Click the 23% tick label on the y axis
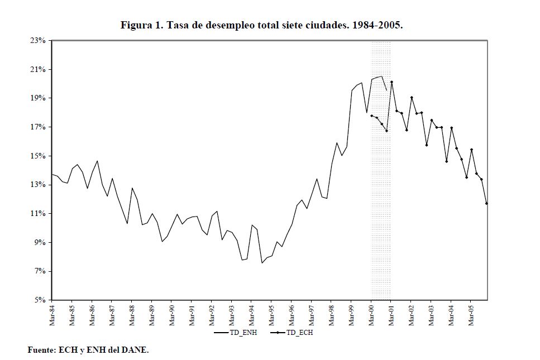coord(38,41)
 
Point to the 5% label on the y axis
coord(40,300)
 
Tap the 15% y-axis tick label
coord(38,156)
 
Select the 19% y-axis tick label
coord(38,98)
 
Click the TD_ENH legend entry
coord(235,333)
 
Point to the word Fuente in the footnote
coord(41,350)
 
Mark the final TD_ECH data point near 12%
coord(486,203)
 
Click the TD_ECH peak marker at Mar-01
coord(391,82)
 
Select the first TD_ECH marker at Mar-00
coord(371,116)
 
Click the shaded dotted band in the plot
coord(381,223)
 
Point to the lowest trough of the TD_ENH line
coord(262,263)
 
